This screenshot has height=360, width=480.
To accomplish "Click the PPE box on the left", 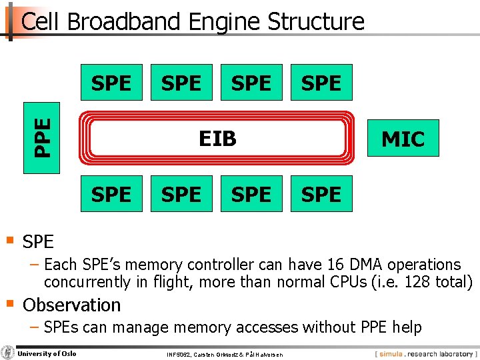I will click(41, 137).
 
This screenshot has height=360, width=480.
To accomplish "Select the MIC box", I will click(403, 138).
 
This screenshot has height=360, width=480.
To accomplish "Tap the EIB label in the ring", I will click(217, 138).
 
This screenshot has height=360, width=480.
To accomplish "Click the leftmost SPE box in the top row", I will click(111, 83).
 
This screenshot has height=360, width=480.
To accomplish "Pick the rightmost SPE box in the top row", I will click(321, 83).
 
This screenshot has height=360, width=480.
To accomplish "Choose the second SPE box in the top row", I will click(181, 83).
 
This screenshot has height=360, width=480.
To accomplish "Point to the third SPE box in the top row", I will click(251, 83).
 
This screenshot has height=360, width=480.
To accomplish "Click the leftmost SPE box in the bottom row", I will click(111, 194).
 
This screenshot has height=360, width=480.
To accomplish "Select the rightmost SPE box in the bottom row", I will click(321, 194).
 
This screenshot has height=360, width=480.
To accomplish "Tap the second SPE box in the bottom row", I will click(181, 194).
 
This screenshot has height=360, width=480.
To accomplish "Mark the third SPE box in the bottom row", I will click(251, 194).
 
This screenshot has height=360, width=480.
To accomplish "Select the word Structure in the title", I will click(315, 22).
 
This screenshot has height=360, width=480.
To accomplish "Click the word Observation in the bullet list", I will click(72, 305).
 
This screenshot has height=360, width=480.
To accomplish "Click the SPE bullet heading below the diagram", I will click(38, 241).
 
